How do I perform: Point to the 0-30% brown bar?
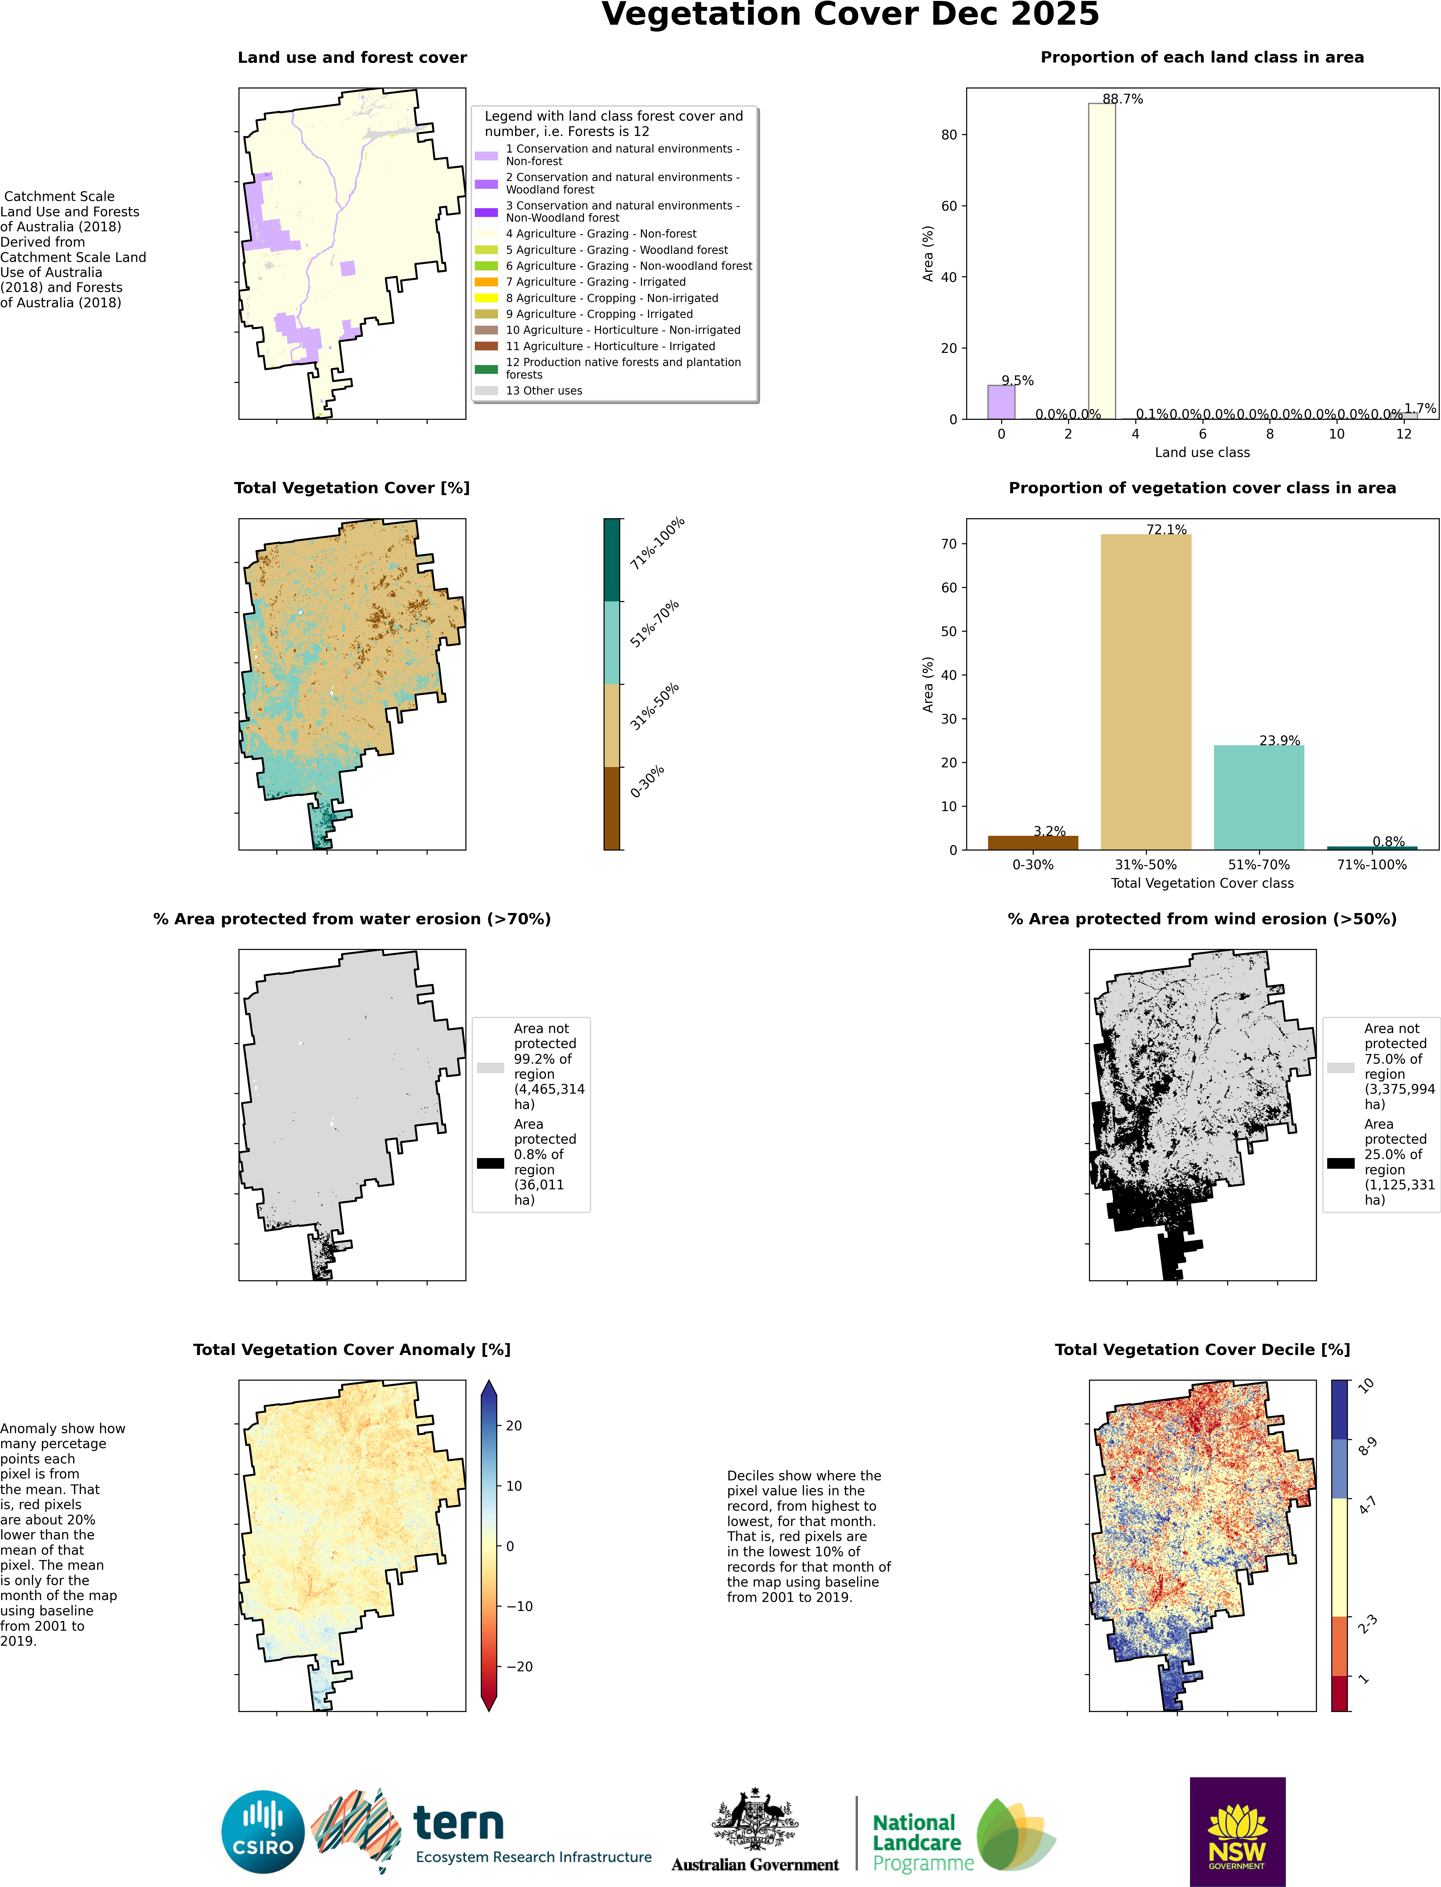point(1033,842)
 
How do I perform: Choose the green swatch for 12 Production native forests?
point(486,369)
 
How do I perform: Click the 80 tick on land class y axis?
point(949,135)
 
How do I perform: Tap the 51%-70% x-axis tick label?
point(1258,865)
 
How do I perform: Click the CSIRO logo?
point(263,1831)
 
